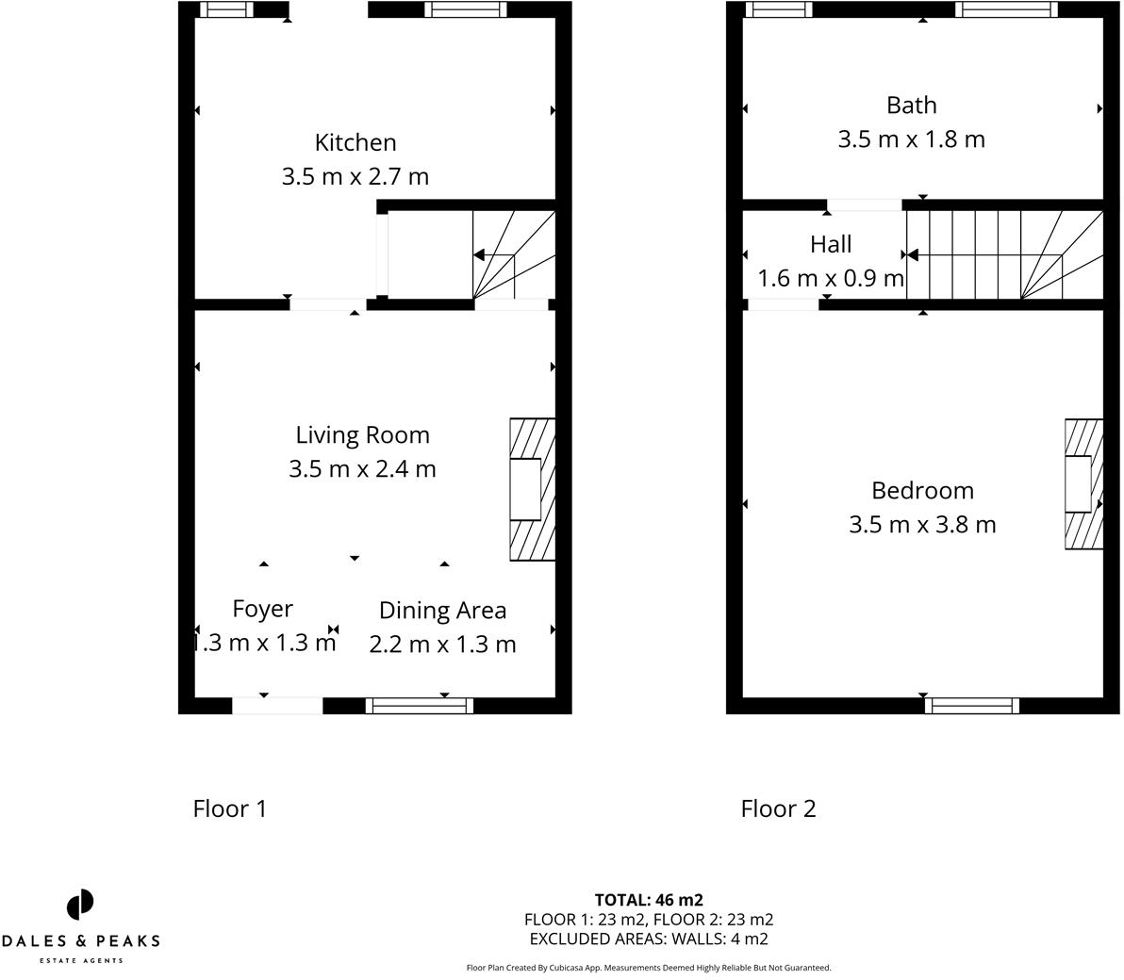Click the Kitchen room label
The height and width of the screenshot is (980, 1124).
click(355, 142)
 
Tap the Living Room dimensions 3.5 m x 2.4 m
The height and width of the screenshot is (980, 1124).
click(362, 468)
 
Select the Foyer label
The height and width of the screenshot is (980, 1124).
click(262, 609)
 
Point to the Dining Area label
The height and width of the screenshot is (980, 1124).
click(442, 611)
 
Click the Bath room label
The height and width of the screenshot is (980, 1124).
click(911, 106)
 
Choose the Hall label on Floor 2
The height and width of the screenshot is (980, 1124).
click(831, 244)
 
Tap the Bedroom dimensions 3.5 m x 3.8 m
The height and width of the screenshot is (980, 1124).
click(922, 524)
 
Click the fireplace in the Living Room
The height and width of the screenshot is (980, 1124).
click(533, 489)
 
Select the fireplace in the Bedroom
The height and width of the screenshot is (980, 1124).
click(1083, 484)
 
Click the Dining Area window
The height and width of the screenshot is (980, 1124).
click(420, 706)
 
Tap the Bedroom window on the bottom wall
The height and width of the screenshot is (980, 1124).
click(971, 706)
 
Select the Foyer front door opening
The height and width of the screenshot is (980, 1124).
click(277, 706)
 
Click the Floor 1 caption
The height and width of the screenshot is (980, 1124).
click(229, 808)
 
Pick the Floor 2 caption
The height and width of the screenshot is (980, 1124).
click(778, 808)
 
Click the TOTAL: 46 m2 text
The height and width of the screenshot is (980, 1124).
click(649, 900)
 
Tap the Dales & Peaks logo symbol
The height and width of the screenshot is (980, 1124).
click(80, 905)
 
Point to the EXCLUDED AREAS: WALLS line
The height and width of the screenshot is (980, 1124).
click(649, 939)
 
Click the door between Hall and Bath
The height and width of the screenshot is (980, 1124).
click(865, 205)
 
